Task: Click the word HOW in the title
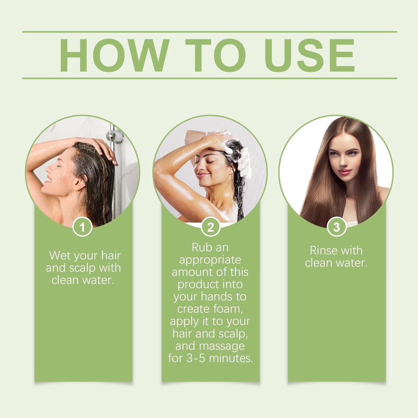114,56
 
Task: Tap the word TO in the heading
215,56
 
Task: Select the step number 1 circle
82,227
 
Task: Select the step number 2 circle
211,227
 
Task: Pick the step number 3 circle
337,227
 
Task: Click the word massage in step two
222,346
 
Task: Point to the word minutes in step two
231,358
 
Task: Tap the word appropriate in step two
210,260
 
